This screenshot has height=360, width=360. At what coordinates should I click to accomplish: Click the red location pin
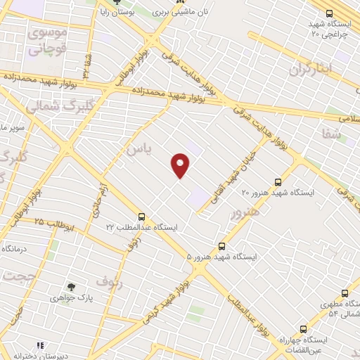point(181,165)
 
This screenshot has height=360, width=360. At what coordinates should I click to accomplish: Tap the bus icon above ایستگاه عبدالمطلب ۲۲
point(142,217)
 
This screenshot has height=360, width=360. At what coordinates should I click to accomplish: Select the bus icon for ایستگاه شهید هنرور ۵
point(221,246)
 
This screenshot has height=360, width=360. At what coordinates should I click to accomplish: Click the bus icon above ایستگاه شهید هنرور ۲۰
point(278,181)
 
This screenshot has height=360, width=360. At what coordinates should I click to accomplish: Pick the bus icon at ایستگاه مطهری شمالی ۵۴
point(345,293)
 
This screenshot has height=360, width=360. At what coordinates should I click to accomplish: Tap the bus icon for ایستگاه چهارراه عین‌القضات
point(303,328)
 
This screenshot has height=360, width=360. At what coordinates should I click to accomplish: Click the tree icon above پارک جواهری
point(70,287)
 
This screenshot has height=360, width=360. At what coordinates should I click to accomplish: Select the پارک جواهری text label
point(71,299)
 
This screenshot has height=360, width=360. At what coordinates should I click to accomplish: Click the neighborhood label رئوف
point(109,281)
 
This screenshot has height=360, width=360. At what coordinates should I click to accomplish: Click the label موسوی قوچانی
point(46,41)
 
